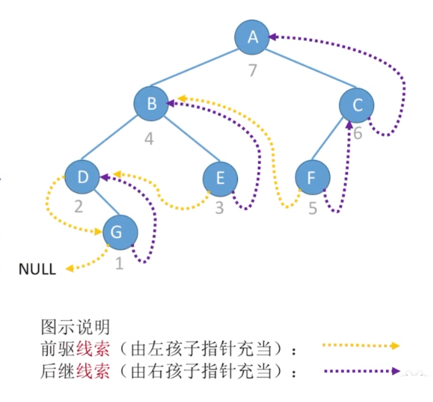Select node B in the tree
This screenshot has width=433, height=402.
[x=151, y=103]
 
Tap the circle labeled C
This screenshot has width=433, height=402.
[x=357, y=105]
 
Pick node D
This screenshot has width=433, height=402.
[x=82, y=177]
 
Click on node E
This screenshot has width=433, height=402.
[x=220, y=178]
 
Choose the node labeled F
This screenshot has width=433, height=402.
[x=312, y=178]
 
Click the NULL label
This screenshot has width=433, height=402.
[x=37, y=269]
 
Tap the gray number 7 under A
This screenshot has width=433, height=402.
[x=253, y=70]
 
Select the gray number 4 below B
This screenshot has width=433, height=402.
[x=149, y=139]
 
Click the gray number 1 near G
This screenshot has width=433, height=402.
[x=119, y=263]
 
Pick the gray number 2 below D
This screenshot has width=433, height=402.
[x=78, y=206]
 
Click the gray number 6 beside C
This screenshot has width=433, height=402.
[x=358, y=133]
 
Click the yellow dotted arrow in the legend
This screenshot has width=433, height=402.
[x=361, y=346]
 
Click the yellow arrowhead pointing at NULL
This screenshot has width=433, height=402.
[x=69, y=268]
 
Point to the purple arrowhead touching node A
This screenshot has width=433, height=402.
[x=273, y=37]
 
